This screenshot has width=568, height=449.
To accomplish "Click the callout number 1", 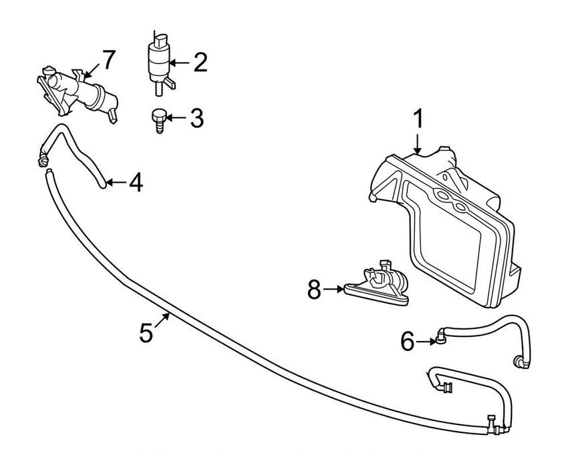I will pyautogui.click(x=418, y=120).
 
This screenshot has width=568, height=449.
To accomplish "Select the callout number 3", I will pyautogui.click(x=196, y=119).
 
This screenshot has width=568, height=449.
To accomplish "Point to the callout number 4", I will pyautogui.click(x=135, y=182).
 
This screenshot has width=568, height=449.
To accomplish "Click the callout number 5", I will pyautogui.click(x=146, y=332).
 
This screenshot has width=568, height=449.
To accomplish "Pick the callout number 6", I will pyautogui.click(x=408, y=342).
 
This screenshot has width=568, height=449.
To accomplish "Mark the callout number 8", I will pyautogui.click(x=314, y=290).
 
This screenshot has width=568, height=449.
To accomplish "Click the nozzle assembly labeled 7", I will pyautogui.click(x=80, y=93).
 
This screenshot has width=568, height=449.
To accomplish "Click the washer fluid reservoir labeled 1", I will pyautogui.click(x=454, y=227).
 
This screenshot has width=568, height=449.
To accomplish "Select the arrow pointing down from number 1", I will pyautogui.click(x=418, y=144).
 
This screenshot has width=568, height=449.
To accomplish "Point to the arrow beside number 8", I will pyautogui.click(x=334, y=290).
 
